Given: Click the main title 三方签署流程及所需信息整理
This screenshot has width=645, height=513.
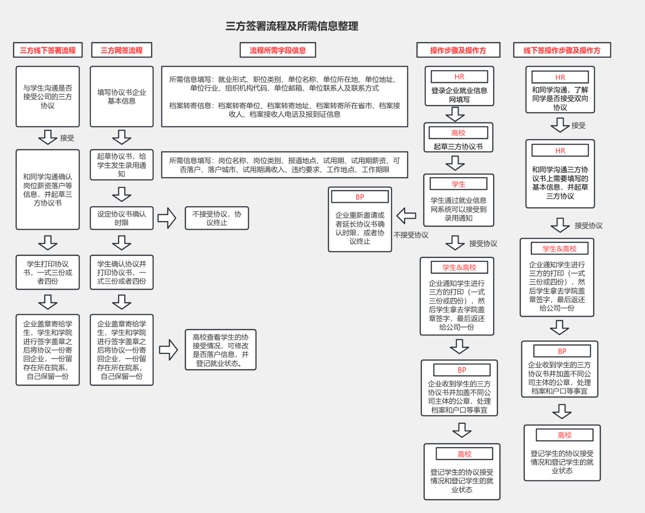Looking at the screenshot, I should click(292, 26).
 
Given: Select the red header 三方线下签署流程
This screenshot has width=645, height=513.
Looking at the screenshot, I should click(48, 50).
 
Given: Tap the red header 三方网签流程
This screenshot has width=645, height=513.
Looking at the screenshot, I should click(122, 50).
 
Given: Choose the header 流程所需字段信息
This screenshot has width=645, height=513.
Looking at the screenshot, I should click(278, 50).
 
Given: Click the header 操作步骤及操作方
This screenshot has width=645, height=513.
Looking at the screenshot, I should click(458, 50).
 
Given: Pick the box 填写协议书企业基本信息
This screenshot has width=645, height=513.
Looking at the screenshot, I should click(122, 97).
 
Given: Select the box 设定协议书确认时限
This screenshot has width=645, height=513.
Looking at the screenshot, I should click(122, 218).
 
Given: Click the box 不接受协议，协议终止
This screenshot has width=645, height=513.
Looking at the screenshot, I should click(217, 218).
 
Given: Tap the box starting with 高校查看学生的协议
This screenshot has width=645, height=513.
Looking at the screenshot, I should click(220, 350).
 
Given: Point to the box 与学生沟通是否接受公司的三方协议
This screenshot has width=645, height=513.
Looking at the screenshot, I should click(48, 97).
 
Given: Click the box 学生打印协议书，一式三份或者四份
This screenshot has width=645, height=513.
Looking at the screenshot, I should click(48, 272).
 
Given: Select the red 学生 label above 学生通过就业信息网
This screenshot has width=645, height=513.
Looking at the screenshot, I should click(458, 184).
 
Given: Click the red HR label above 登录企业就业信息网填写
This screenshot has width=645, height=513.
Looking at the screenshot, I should click(459, 77).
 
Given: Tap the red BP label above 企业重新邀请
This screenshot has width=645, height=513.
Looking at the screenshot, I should click(360, 197).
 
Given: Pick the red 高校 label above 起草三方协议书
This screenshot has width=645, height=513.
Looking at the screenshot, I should click(458, 133).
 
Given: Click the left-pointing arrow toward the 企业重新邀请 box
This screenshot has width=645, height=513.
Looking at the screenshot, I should click(406, 216).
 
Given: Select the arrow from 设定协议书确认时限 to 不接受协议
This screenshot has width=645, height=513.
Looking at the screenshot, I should click(167, 218).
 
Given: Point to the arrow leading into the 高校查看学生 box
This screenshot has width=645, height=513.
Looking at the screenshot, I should click(169, 350).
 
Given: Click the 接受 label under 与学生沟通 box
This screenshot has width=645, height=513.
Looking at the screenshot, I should click(67, 138).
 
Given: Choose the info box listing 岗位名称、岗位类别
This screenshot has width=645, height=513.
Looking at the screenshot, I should click(284, 165).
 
